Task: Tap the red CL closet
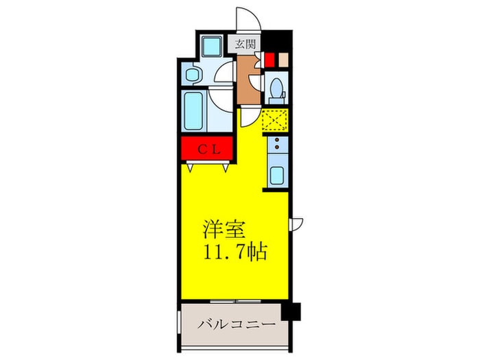tap(208, 149)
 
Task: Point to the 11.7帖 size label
tap(233, 251)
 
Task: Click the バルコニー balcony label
tap(237, 324)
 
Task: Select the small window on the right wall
tap(296, 222)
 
